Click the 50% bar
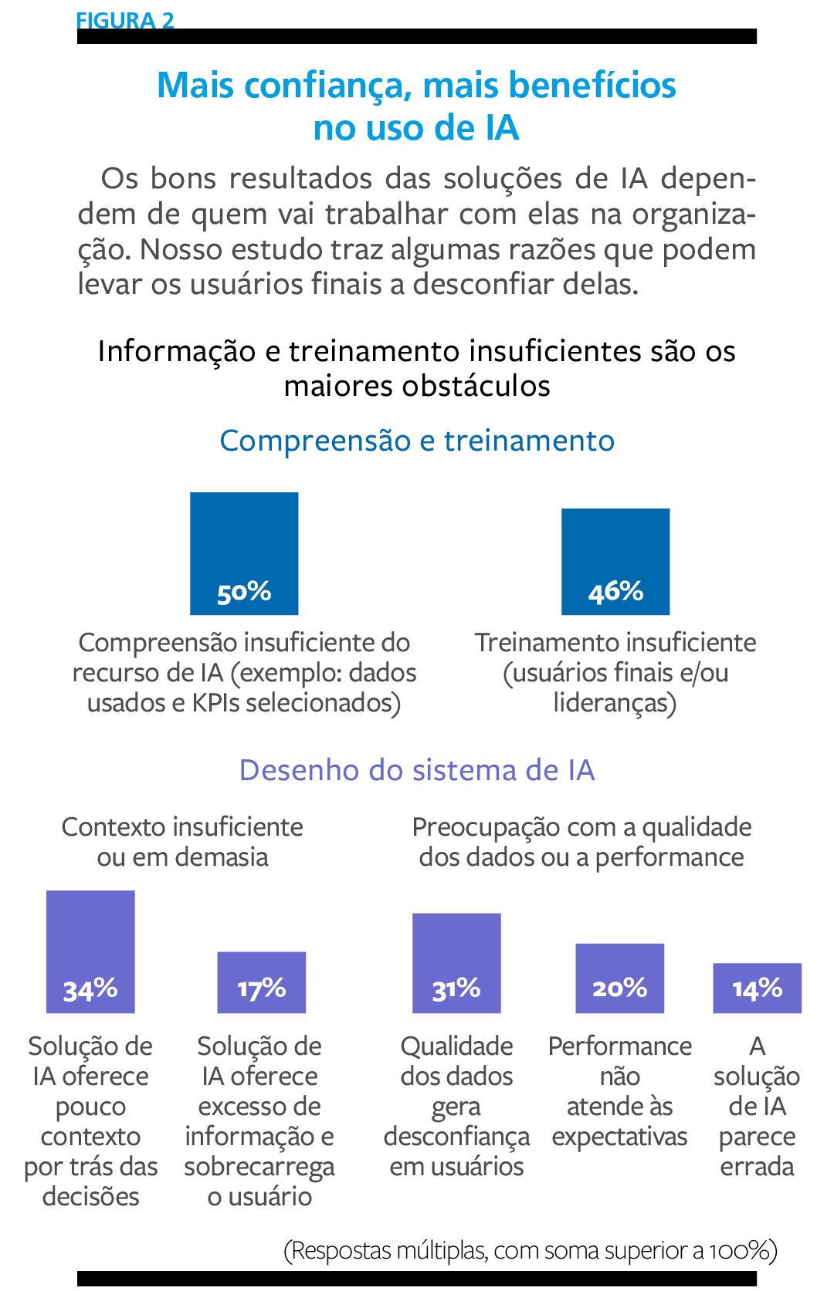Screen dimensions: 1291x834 click(x=244, y=553)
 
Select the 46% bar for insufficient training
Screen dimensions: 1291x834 click(x=615, y=561)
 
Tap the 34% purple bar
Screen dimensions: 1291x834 click(x=90, y=951)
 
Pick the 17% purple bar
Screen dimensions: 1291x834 click(x=261, y=982)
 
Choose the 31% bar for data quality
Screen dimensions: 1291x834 click(x=456, y=962)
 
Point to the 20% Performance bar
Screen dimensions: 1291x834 click(x=619, y=978)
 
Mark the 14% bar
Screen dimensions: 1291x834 click(x=757, y=988)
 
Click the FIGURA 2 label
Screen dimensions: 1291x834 click(x=125, y=21)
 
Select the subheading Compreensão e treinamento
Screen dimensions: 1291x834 click(x=417, y=441)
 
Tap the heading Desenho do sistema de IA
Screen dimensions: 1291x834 click(x=417, y=770)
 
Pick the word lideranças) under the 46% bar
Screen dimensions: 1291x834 click(x=615, y=703)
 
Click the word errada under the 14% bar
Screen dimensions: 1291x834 click(x=757, y=1166)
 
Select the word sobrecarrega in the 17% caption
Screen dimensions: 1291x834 click(x=259, y=1167)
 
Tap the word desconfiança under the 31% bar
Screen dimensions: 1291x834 click(x=456, y=1137)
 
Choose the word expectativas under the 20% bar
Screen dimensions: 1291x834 click(x=619, y=1137)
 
